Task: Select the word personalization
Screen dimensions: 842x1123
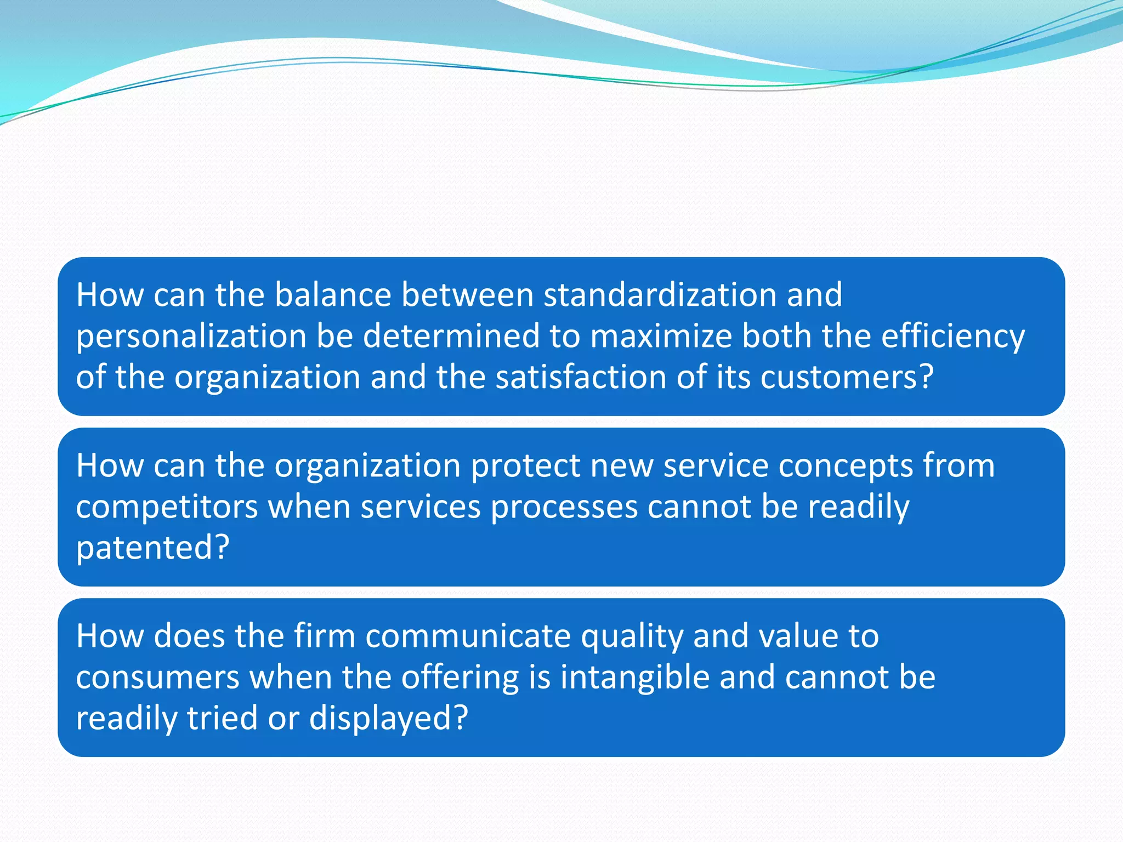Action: (x=191, y=336)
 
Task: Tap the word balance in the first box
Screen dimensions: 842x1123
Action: (x=332, y=295)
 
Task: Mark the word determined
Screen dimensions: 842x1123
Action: (x=451, y=336)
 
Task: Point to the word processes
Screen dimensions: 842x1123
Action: (x=564, y=507)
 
